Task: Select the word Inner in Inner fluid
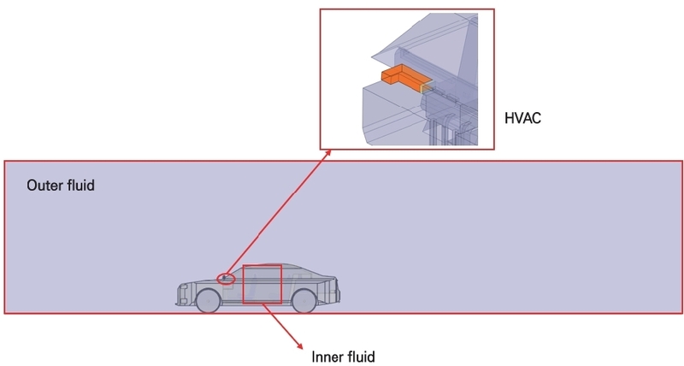(x=326, y=356)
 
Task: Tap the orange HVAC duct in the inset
(x=400, y=80)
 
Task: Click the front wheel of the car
(x=207, y=300)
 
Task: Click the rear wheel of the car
(x=304, y=300)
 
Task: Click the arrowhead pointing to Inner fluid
(x=299, y=345)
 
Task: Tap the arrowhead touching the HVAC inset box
(x=330, y=153)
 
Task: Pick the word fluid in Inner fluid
(x=360, y=356)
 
